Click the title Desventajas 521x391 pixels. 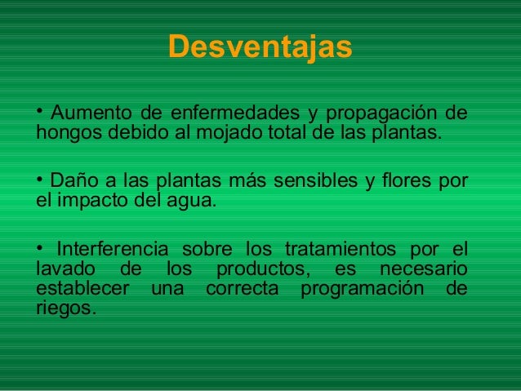(260, 47)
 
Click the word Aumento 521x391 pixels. (85, 112)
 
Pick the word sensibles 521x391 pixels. (328, 178)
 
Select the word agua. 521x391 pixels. (193, 200)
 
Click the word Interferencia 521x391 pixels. (110, 247)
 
